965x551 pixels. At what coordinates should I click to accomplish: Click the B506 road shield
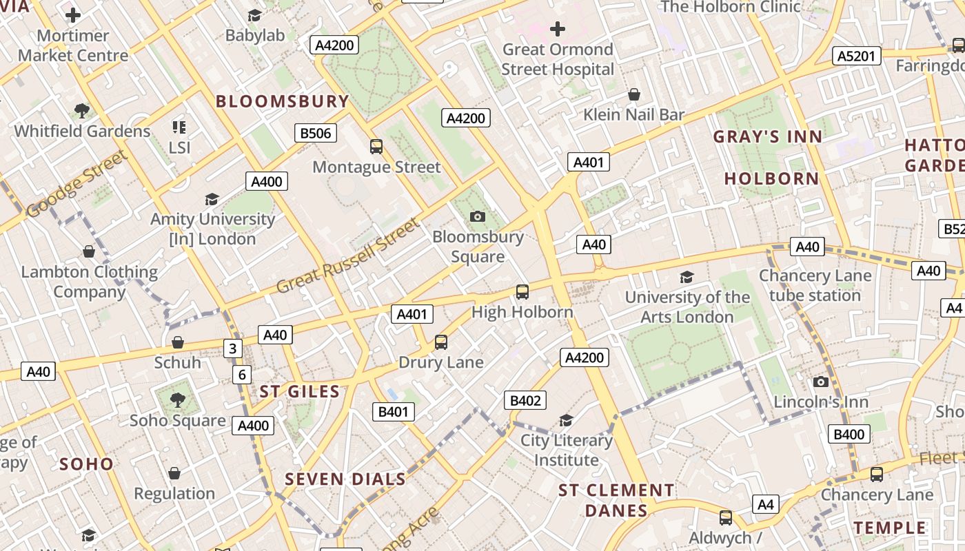click(x=316, y=133)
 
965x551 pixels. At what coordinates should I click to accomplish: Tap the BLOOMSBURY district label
click(x=283, y=101)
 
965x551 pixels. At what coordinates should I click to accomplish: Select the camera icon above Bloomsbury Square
click(x=477, y=216)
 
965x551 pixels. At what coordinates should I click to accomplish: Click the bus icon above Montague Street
click(x=376, y=146)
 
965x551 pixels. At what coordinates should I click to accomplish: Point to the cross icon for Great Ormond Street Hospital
click(x=558, y=29)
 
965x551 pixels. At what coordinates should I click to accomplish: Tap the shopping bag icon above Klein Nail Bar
click(x=633, y=94)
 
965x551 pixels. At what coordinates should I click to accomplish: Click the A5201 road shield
click(x=856, y=56)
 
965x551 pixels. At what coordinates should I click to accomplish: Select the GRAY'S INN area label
click(x=768, y=136)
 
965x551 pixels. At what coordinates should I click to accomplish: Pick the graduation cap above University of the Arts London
click(x=687, y=277)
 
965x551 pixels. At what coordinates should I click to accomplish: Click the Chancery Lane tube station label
click(x=815, y=285)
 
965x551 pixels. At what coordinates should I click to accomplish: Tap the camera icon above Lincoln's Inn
click(x=820, y=382)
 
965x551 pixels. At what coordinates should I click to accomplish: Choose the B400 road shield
click(x=849, y=434)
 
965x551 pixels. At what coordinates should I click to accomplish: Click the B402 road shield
click(x=525, y=400)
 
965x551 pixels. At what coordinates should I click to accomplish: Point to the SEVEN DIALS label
click(x=345, y=479)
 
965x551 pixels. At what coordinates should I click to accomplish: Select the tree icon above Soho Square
click(x=177, y=399)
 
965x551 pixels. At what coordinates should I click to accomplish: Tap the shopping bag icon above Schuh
click(x=178, y=342)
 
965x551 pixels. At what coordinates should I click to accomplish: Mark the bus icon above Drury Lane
click(x=440, y=342)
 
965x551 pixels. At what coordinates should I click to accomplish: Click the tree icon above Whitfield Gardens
click(x=82, y=110)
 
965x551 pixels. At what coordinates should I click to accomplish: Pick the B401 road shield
click(x=394, y=412)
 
